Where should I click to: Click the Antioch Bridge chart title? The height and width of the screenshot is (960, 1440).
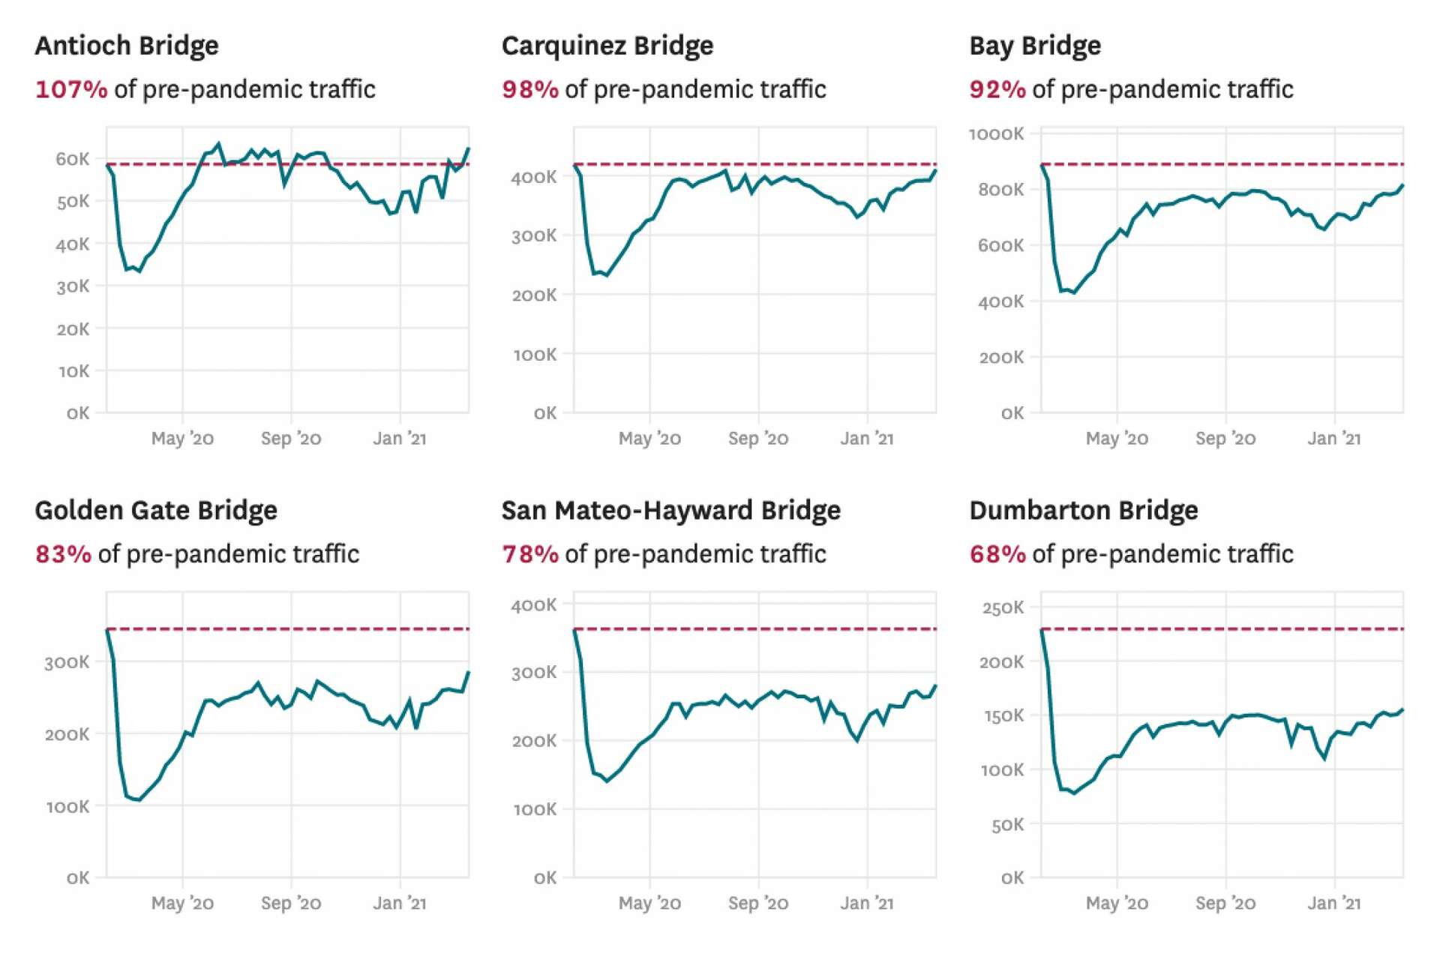tap(127, 46)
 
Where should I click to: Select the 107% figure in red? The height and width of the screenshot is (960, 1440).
tap(71, 89)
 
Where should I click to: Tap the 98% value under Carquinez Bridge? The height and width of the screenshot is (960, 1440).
tap(529, 89)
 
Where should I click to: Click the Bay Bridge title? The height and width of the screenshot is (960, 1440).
tap(1035, 46)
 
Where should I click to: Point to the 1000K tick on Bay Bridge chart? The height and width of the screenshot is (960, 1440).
tap(996, 134)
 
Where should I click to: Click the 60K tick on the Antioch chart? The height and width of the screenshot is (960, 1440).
tap(73, 159)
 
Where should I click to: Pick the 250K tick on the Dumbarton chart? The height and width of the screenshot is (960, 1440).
tap(1003, 607)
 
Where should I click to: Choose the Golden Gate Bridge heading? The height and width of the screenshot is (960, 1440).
tap(156, 511)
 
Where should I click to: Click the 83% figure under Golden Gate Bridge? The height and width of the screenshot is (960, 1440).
tap(63, 554)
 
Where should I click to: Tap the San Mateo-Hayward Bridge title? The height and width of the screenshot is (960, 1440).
tap(670, 511)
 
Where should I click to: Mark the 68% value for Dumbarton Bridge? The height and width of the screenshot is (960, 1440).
tap(997, 554)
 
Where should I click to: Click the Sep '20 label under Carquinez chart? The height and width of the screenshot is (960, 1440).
tap(758, 439)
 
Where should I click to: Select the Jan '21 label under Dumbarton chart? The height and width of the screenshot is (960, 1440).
tap(1333, 903)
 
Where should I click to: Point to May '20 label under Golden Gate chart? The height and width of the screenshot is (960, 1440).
tap(182, 903)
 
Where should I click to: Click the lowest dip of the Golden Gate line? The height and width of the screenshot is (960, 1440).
tap(139, 800)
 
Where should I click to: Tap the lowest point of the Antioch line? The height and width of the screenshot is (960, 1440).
tap(139, 271)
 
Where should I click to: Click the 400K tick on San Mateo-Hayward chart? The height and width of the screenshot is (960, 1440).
tap(534, 605)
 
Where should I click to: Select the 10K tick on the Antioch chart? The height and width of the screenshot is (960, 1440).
tap(74, 371)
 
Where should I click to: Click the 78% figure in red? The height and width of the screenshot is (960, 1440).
tap(529, 554)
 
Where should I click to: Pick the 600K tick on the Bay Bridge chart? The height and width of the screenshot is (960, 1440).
tap(1000, 246)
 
